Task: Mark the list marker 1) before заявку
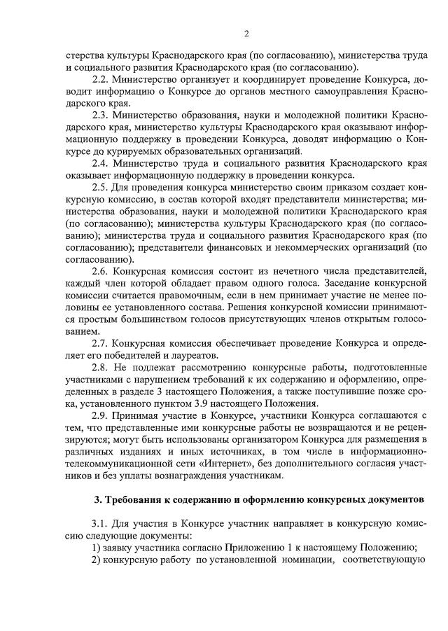click(x=98, y=548)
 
